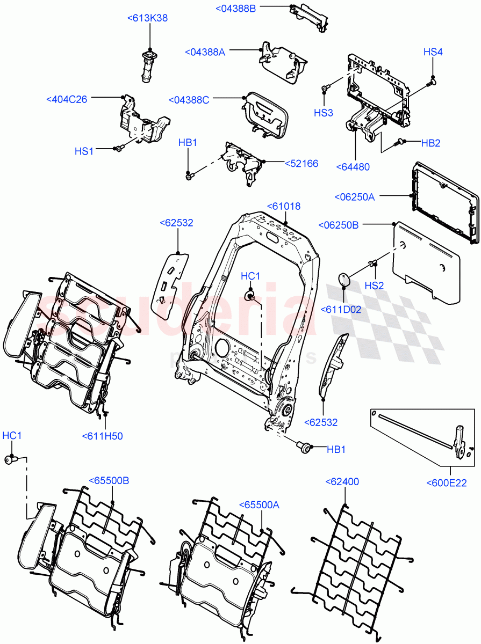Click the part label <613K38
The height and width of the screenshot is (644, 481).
coord(147,18)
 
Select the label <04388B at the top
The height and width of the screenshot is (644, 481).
coord(236,8)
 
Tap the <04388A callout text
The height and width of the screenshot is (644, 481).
coord(205,52)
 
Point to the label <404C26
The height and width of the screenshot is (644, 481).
coord(67,99)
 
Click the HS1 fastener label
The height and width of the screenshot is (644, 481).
coord(84,151)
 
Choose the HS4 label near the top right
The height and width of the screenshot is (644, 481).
coord(433,52)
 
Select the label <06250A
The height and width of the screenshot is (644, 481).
coord(354,196)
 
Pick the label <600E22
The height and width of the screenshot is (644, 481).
coord(446,483)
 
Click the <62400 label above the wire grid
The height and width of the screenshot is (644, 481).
coord(342,482)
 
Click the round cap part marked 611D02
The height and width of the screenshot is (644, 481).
coord(343,280)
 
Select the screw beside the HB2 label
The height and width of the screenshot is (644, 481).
coord(399,142)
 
